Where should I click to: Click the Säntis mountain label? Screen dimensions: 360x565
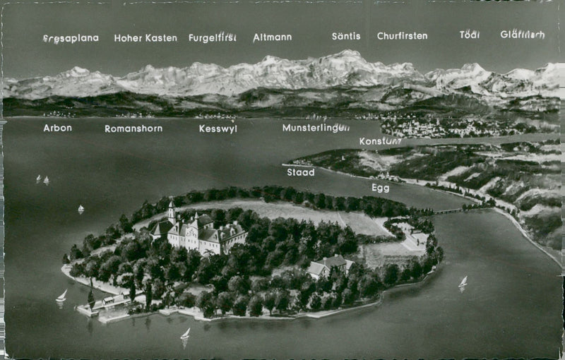pyautogui.click(x=346, y=36)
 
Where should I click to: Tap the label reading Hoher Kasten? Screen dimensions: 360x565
pyautogui.click(x=145, y=38)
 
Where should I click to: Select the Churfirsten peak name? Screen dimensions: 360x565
pyautogui.click(x=402, y=36)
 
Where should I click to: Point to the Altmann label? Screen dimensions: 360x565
pyautogui.click(x=273, y=37)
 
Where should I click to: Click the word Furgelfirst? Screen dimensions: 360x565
pyautogui.click(x=212, y=37)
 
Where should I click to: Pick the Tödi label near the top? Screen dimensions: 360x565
pyautogui.click(x=469, y=35)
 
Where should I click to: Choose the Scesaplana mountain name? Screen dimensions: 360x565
pyautogui.click(x=71, y=38)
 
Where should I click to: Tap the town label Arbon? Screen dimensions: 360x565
pyautogui.click(x=57, y=128)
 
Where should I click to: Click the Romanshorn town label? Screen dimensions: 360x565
pyautogui.click(x=133, y=128)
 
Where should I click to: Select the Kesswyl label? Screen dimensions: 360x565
pyautogui.click(x=218, y=128)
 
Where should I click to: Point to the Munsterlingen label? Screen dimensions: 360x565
pyautogui.click(x=316, y=128)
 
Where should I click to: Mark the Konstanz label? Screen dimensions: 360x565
pyautogui.click(x=380, y=141)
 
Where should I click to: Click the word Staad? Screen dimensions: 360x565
pyautogui.click(x=300, y=172)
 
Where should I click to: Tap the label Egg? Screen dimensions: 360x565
pyautogui.click(x=380, y=188)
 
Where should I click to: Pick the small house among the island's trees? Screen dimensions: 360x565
pyautogui.click(x=327, y=266)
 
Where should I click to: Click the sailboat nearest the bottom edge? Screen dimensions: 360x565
pyautogui.click(x=185, y=335)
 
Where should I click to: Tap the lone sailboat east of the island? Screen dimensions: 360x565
pyautogui.click(x=463, y=282)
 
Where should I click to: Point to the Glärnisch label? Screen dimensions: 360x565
pyautogui.click(x=523, y=35)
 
